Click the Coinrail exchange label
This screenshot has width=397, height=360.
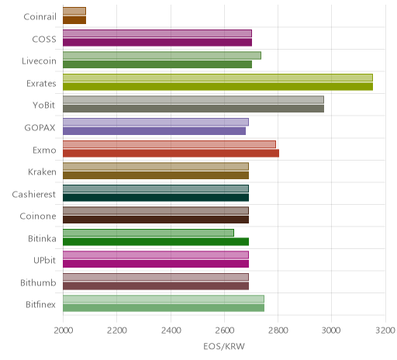(40, 17)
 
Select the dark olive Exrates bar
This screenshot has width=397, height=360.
(218, 86)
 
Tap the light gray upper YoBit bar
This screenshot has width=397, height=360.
(193, 100)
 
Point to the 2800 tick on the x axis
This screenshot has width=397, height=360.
(278, 331)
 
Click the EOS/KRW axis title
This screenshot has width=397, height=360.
(224, 346)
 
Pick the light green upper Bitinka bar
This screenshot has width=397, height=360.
(148, 233)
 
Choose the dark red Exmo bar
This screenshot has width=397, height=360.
(171, 153)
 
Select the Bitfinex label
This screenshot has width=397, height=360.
(40, 305)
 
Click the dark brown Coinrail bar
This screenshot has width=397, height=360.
(74, 20)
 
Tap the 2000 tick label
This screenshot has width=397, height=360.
(64, 331)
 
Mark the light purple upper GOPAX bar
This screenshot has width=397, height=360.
(156, 122)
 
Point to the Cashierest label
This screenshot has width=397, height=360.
(34, 194)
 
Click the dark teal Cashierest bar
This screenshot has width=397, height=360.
(156, 197)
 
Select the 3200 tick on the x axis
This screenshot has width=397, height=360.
(385, 331)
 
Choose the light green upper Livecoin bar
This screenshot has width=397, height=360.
(162, 56)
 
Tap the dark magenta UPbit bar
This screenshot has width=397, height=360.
(156, 264)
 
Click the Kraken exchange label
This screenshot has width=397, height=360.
(42, 172)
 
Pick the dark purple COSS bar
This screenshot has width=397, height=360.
(157, 42)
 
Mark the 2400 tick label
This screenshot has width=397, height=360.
(171, 331)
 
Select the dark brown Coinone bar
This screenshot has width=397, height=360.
(156, 220)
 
